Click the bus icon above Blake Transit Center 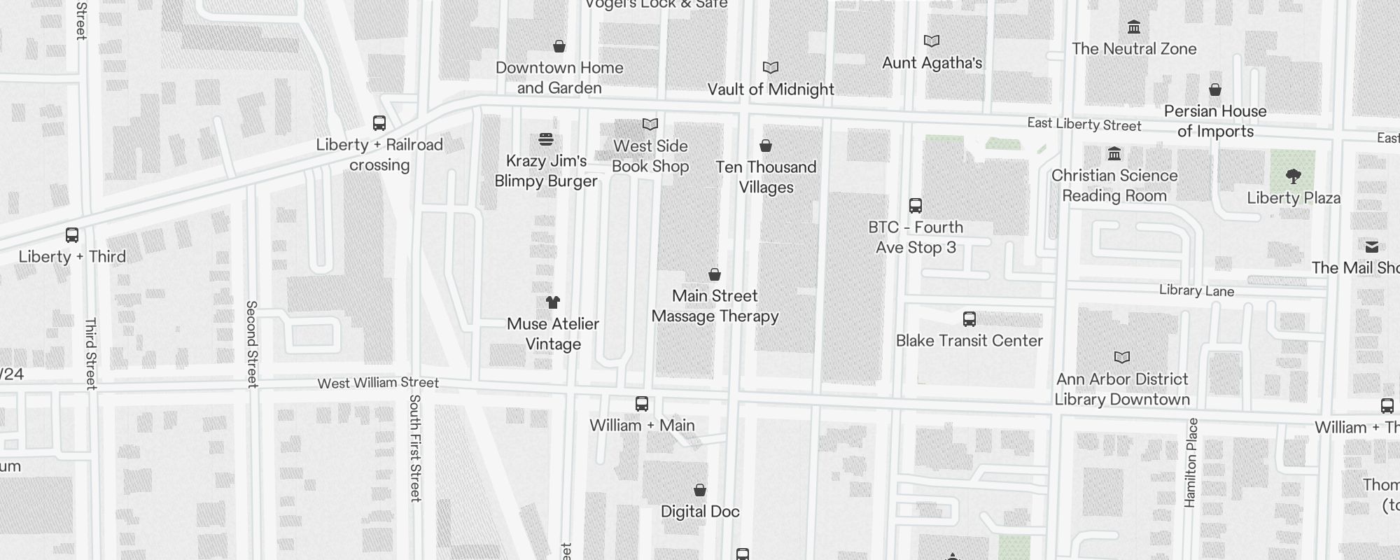(969, 319)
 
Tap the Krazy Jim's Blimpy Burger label (546, 171)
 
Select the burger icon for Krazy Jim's (546, 139)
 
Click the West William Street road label (378, 383)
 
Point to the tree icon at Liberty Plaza (1294, 176)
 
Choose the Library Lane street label (1196, 290)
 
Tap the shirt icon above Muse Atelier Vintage (553, 302)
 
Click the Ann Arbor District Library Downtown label (1122, 389)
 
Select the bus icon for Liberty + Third (72, 235)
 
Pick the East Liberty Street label (1084, 125)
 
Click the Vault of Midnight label (771, 90)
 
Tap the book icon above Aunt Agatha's (932, 41)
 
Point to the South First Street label (415, 448)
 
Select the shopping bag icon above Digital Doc (700, 490)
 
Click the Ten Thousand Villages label (766, 177)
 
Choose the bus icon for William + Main (642, 404)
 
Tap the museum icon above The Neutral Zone (1134, 27)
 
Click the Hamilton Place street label (1191, 463)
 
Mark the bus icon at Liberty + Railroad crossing (379, 123)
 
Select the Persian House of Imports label (1215, 121)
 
